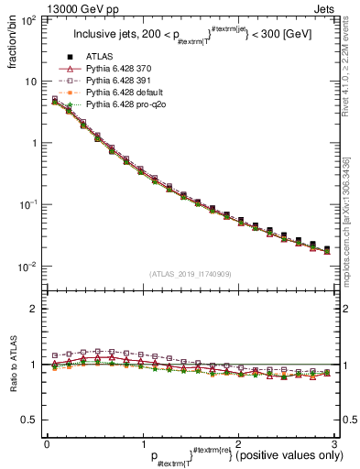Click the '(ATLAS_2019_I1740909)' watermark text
(190, 274)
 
